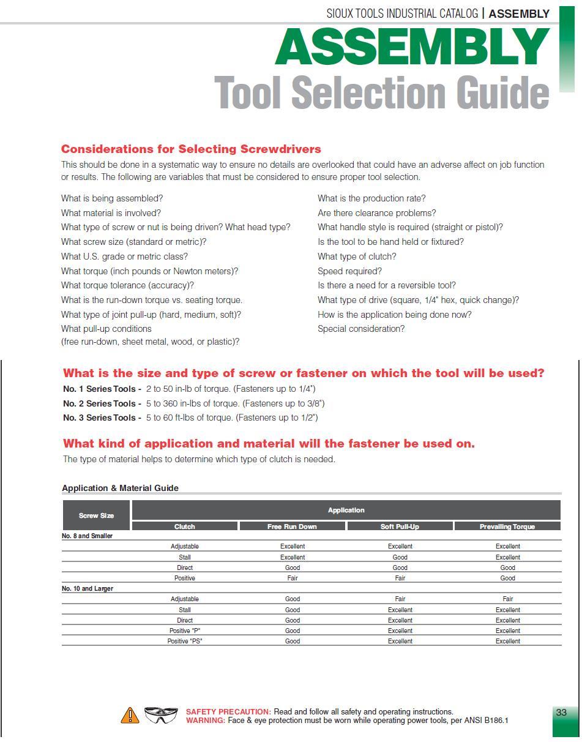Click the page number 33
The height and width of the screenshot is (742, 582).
coord(561,712)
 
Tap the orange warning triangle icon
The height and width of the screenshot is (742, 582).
coord(130,715)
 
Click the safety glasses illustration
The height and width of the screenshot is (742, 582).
coord(161,714)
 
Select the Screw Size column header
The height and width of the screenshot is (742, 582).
coord(96,515)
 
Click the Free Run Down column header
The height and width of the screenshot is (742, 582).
coord(292,527)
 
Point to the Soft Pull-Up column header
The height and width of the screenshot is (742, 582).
coord(400,527)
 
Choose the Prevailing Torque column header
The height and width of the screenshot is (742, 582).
coord(507,527)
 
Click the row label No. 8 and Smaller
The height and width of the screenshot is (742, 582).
coord(87,536)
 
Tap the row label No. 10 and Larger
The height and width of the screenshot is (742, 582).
coord(88,588)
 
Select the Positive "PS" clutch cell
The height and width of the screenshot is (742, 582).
coord(185,641)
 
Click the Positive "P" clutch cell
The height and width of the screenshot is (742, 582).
coord(185,631)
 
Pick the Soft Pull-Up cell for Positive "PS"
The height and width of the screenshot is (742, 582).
coord(400,641)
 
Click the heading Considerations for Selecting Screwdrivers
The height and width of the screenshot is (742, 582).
coord(191,149)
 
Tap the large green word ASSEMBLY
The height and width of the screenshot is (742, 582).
coord(412,47)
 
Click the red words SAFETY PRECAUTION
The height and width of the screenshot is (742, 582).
coord(228,712)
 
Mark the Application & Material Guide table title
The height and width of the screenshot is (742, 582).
coord(120,488)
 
